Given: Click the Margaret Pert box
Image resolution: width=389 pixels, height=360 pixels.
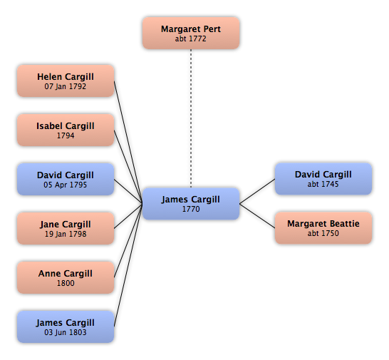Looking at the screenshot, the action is click(191, 33).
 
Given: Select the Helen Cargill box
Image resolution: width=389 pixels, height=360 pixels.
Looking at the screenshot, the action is click(66, 81).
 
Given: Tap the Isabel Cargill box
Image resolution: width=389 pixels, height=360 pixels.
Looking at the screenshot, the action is click(66, 130).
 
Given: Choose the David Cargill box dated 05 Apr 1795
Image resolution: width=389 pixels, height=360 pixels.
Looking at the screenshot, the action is click(66, 179).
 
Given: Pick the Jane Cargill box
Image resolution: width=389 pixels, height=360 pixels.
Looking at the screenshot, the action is click(66, 228).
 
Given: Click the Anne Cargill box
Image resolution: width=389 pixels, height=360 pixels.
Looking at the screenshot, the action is click(66, 277).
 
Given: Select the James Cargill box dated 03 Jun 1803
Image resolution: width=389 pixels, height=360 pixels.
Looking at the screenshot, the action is click(66, 326).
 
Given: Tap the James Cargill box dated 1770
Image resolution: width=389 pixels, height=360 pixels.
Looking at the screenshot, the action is click(191, 204).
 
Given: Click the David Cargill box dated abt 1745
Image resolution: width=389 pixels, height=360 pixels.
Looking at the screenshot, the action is click(323, 179).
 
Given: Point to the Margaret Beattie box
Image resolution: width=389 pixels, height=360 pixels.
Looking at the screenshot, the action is click(323, 228).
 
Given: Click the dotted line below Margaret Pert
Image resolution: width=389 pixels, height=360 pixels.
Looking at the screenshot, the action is click(191, 118).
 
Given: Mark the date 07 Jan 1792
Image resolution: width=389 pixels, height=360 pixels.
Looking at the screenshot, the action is click(66, 86).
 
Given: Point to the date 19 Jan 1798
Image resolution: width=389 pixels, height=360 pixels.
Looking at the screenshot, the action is click(66, 234).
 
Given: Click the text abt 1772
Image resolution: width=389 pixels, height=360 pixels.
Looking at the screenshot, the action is click(191, 38).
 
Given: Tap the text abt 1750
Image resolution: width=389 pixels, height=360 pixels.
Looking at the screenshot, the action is click(323, 233).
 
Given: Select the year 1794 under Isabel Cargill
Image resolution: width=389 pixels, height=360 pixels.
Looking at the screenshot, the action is click(66, 135).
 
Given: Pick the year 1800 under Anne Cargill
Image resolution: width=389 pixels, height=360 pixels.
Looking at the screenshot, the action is click(66, 283).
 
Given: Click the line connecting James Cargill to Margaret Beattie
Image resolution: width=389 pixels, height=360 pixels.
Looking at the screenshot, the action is click(257, 216).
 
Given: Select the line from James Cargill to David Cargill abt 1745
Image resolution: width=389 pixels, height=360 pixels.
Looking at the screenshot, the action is click(257, 192).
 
